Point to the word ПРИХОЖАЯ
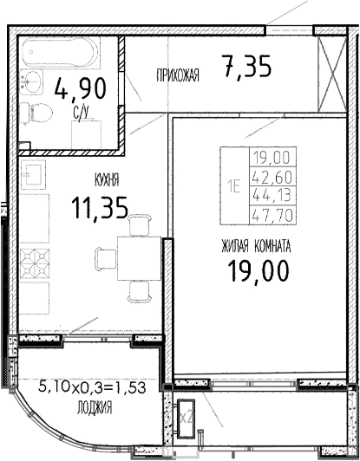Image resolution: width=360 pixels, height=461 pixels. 177,75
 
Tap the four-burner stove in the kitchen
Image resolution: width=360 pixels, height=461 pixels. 35,263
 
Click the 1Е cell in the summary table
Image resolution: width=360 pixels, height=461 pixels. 233,183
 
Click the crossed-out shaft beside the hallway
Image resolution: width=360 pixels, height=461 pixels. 333,74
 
